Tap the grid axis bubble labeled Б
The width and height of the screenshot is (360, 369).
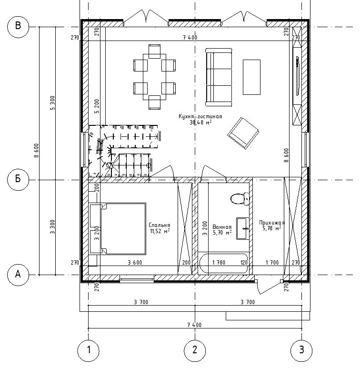coord(18,180)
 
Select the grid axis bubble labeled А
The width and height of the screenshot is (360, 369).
coord(18,275)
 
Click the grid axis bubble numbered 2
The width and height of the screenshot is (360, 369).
coord(195,350)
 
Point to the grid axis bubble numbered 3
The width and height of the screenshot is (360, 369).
coord(301,350)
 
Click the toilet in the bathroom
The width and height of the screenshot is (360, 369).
coord(240,199)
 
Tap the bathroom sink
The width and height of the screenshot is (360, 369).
coord(243,228)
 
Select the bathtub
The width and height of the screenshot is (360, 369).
coord(223,264)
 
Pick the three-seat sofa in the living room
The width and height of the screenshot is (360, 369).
coord(219,77)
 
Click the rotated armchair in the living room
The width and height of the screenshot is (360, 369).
coord(243,133)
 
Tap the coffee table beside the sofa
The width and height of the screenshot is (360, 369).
coord(252,77)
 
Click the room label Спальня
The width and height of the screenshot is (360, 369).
coord(160,225)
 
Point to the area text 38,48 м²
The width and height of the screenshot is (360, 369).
coord(200,122)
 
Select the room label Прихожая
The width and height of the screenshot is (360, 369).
coord(272,223)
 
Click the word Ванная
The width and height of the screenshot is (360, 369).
coord(222,227)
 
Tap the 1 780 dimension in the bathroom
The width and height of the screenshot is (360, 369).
coord(219,262)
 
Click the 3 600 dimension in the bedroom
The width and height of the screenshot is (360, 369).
coord(135,262)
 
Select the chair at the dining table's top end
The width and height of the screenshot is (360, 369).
coord(154,51)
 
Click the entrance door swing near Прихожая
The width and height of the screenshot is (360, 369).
coord(269,287)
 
